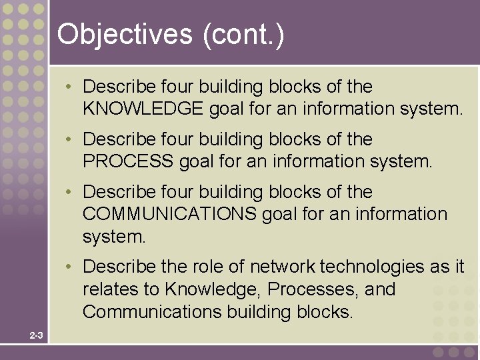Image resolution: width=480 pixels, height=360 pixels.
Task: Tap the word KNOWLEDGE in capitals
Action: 143,109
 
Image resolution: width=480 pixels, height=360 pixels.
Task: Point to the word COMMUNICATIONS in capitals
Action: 169,214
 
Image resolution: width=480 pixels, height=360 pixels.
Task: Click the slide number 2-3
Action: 36,335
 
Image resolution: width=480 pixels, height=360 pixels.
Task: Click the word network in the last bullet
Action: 283,267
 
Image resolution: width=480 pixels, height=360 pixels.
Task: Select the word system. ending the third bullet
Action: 113,237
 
